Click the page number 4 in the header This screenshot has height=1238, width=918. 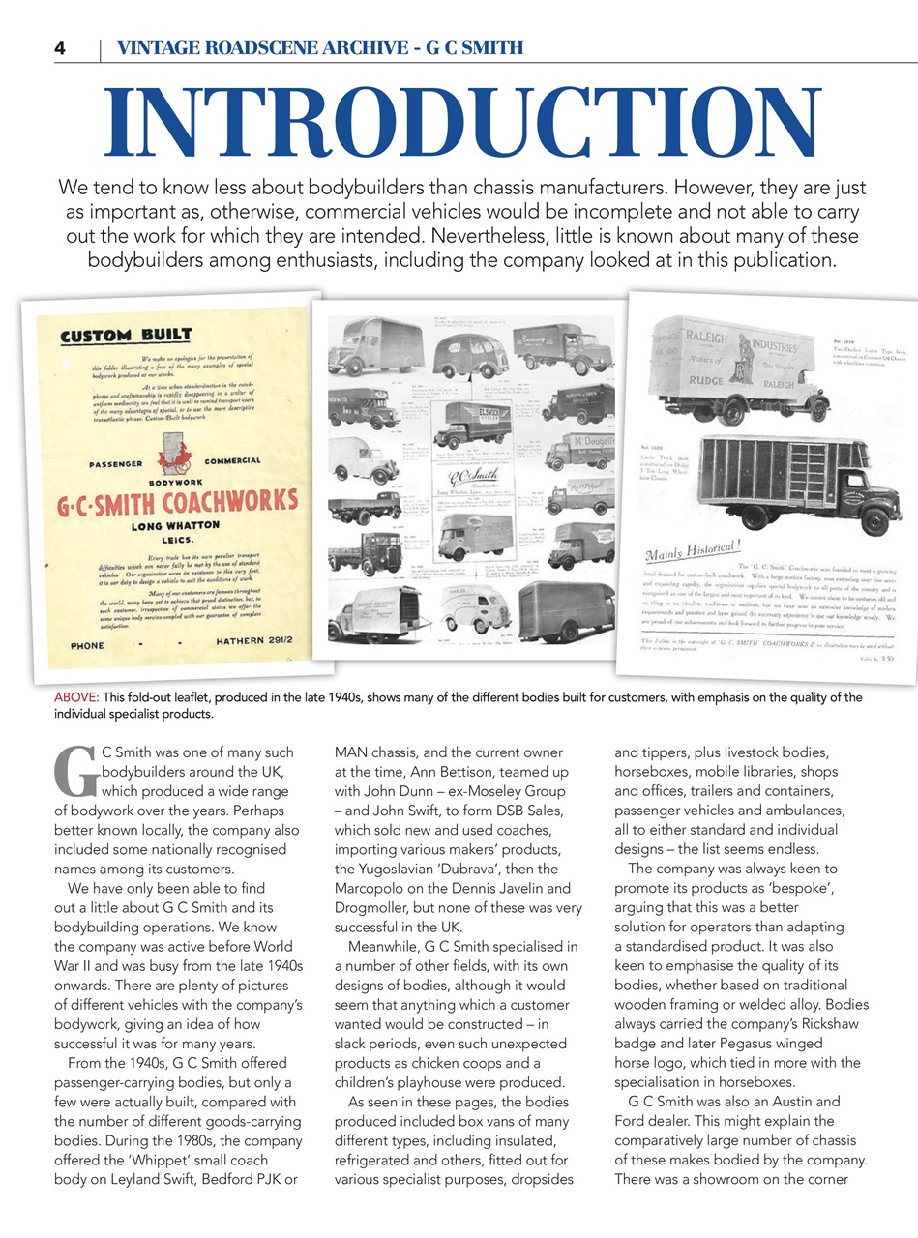pyautogui.click(x=60, y=47)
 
